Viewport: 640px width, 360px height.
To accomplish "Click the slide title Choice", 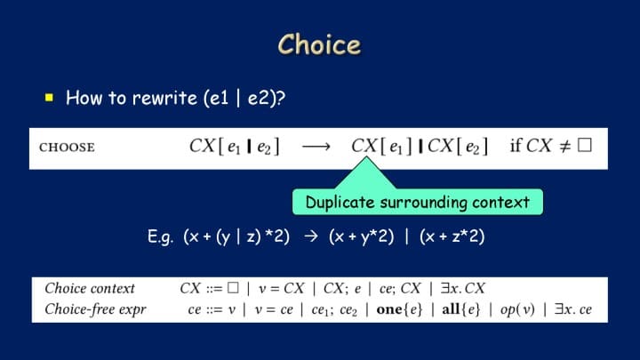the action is (x=319, y=44).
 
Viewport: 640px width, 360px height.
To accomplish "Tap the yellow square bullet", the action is (x=50, y=97).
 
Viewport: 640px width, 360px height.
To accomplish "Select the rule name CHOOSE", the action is (x=67, y=148).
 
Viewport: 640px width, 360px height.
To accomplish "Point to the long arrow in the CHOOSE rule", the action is (x=316, y=147).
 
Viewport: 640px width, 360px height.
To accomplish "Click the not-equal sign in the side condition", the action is (x=564, y=146).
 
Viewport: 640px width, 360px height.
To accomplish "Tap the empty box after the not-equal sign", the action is (x=585, y=145).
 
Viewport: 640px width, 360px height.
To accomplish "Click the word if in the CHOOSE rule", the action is (x=516, y=145).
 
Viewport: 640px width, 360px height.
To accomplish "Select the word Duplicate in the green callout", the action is (x=340, y=202).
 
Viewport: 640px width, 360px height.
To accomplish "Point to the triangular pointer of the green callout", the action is (x=366, y=173).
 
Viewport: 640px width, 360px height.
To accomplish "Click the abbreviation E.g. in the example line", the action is (x=160, y=236).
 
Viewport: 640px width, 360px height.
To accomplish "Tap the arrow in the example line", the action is (x=311, y=236).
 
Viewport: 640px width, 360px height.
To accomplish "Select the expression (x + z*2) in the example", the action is (x=452, y=236).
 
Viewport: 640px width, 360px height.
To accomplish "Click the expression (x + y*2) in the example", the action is (x=362, y=236).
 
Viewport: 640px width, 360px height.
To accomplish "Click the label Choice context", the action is (x=90, y=288).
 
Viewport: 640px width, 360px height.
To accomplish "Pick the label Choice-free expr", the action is (x=95, y=309).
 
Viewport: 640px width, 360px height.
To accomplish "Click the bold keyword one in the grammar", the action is (x=389, y=309).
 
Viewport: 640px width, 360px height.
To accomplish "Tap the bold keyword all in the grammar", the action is (x=451, y=309).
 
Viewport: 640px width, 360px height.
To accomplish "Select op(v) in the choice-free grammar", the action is (x=517, y=309).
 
